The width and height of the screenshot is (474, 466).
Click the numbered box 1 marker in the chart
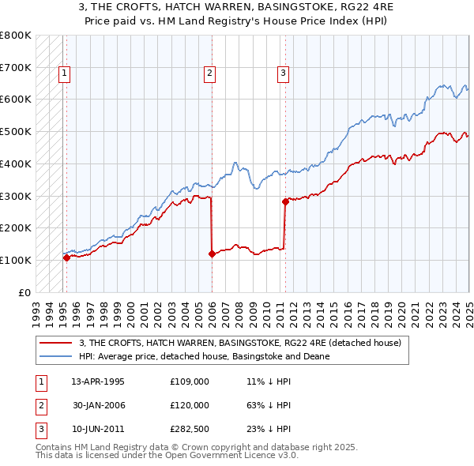64,74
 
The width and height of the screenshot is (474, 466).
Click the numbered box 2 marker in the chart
210,74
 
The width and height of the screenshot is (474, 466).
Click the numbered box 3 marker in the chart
283,74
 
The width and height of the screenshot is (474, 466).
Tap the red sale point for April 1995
66,257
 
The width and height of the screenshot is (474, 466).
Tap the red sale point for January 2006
212,254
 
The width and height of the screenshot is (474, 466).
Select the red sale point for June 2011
284,201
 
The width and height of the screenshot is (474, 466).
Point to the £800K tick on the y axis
16,36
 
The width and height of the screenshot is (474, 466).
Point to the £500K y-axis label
16,132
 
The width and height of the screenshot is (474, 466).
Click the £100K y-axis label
16,260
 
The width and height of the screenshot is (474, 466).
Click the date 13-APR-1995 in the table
98,381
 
